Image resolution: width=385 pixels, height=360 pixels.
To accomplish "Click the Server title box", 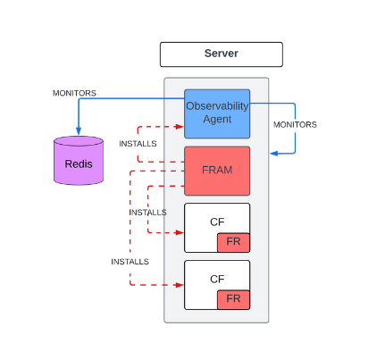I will pyautogui.click(x=221, y=54).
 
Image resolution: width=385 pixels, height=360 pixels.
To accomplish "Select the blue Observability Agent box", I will pyautogui.click(x=217, y=113).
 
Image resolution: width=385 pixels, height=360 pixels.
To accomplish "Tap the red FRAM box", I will pyautogui.click(x=217, y=171).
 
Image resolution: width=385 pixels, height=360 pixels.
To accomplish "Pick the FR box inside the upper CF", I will pyautogui.click(x=233, y=242).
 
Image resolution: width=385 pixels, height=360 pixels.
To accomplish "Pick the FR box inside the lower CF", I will pyautogui.click(x=233, y=299).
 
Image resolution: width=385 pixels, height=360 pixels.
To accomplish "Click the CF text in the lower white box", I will pyautogui.click(x=217, y=278).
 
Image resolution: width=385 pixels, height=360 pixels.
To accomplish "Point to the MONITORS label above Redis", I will pyautogui.click(x=74, y=93).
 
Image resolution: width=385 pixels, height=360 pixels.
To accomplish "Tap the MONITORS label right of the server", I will pyautogui.click(x=295, y=124).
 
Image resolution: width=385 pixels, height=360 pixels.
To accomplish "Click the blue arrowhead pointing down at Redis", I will pyautogui.click(x=79, y=132).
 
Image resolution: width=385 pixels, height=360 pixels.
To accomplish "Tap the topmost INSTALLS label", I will pyautogui.click(x=138, y=144).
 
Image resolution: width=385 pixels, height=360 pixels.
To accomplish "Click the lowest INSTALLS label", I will pyautogui.click(x=130, y=262).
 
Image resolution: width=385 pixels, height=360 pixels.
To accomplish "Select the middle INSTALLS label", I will pyautogui.click(x=147, y=213).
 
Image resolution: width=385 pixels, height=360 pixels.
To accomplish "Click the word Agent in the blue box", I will pyautogui.click(x=217, y=120).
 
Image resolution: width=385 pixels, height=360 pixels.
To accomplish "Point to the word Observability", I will pyautogui.click(x=217, y=106).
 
